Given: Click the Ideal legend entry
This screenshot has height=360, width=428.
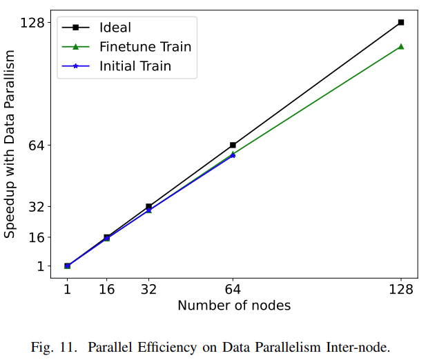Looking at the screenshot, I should pyautogui.click(x=115, y=28).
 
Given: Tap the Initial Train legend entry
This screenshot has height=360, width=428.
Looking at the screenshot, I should pyautogui.click(x=135, y=66).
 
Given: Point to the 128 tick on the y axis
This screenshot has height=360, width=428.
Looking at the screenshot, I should pyautogui.click(x=32, y=23).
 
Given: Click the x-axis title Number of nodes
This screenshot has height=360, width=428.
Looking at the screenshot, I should pyautogui.click(x=234, y=306).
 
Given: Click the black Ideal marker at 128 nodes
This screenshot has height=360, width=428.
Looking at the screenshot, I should pyautogui.click(x=400, y=23).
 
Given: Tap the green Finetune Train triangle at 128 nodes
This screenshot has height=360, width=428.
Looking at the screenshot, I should pyautogui.click(x=400, y=46).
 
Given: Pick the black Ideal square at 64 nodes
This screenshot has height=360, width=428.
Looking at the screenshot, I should pyautogui.click(x=233, y=145).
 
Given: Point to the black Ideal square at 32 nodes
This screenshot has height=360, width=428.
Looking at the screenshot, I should pyautogui.click(x=148, y=207).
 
